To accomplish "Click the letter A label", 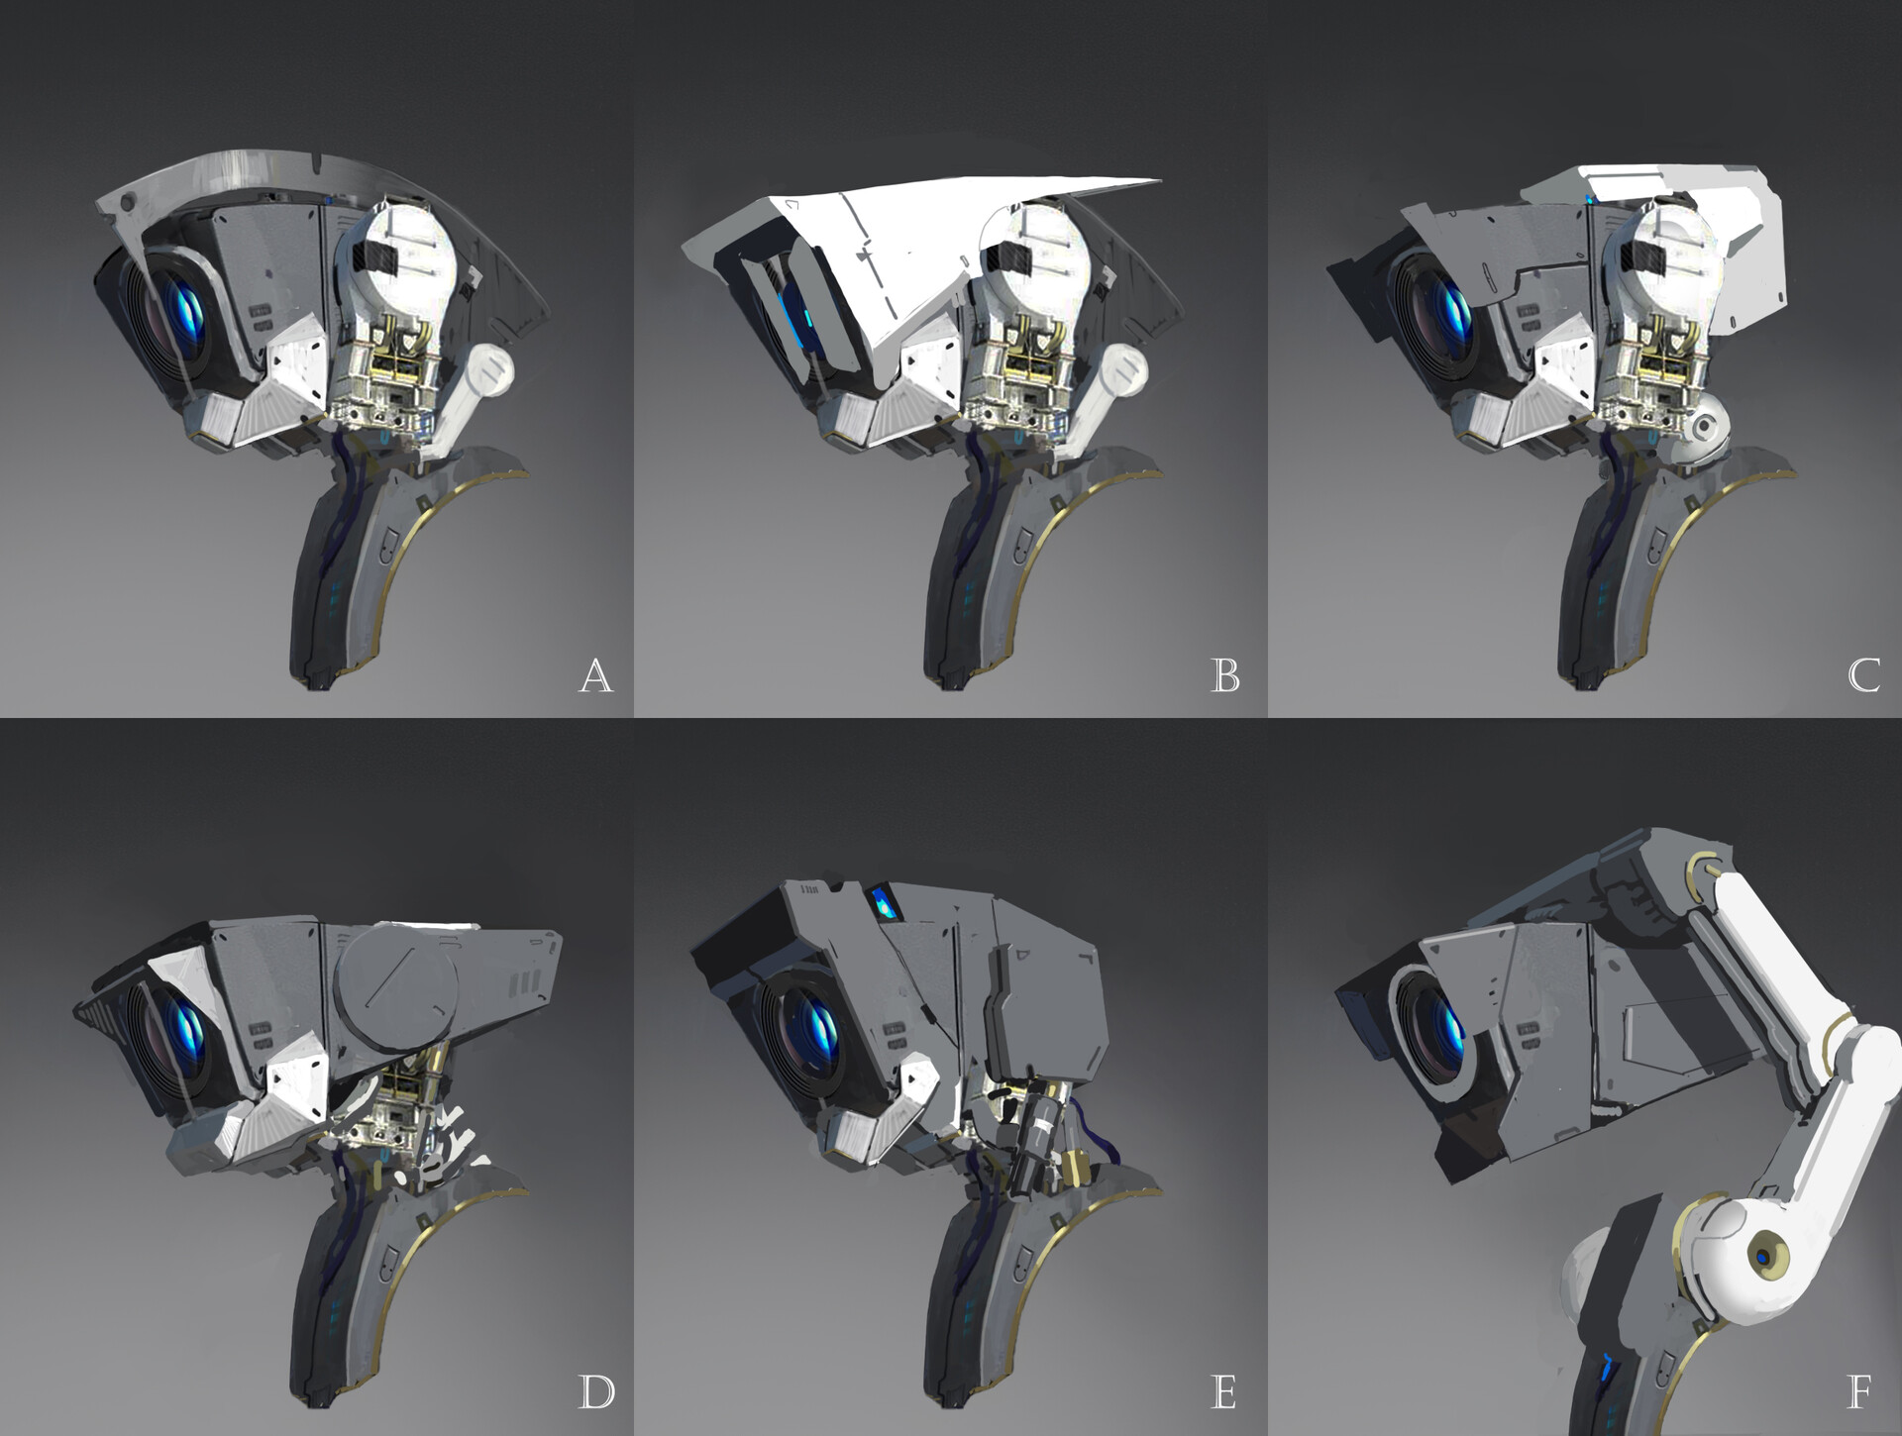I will pyautogui.click(x=595, y=675).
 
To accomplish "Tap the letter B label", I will pyautogui.click(x=1225, y=675).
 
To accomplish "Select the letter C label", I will pyautogui.click(x=1863, y=675).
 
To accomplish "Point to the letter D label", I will pyautogui.click(x=595, y=1391).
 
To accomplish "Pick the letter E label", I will pyautogui.click(x=1224, y=1392).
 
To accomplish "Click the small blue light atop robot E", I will pyautogui.click(x=880, y=903).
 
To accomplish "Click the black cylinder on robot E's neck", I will pyautogui.click(x=1039, y=1138).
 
